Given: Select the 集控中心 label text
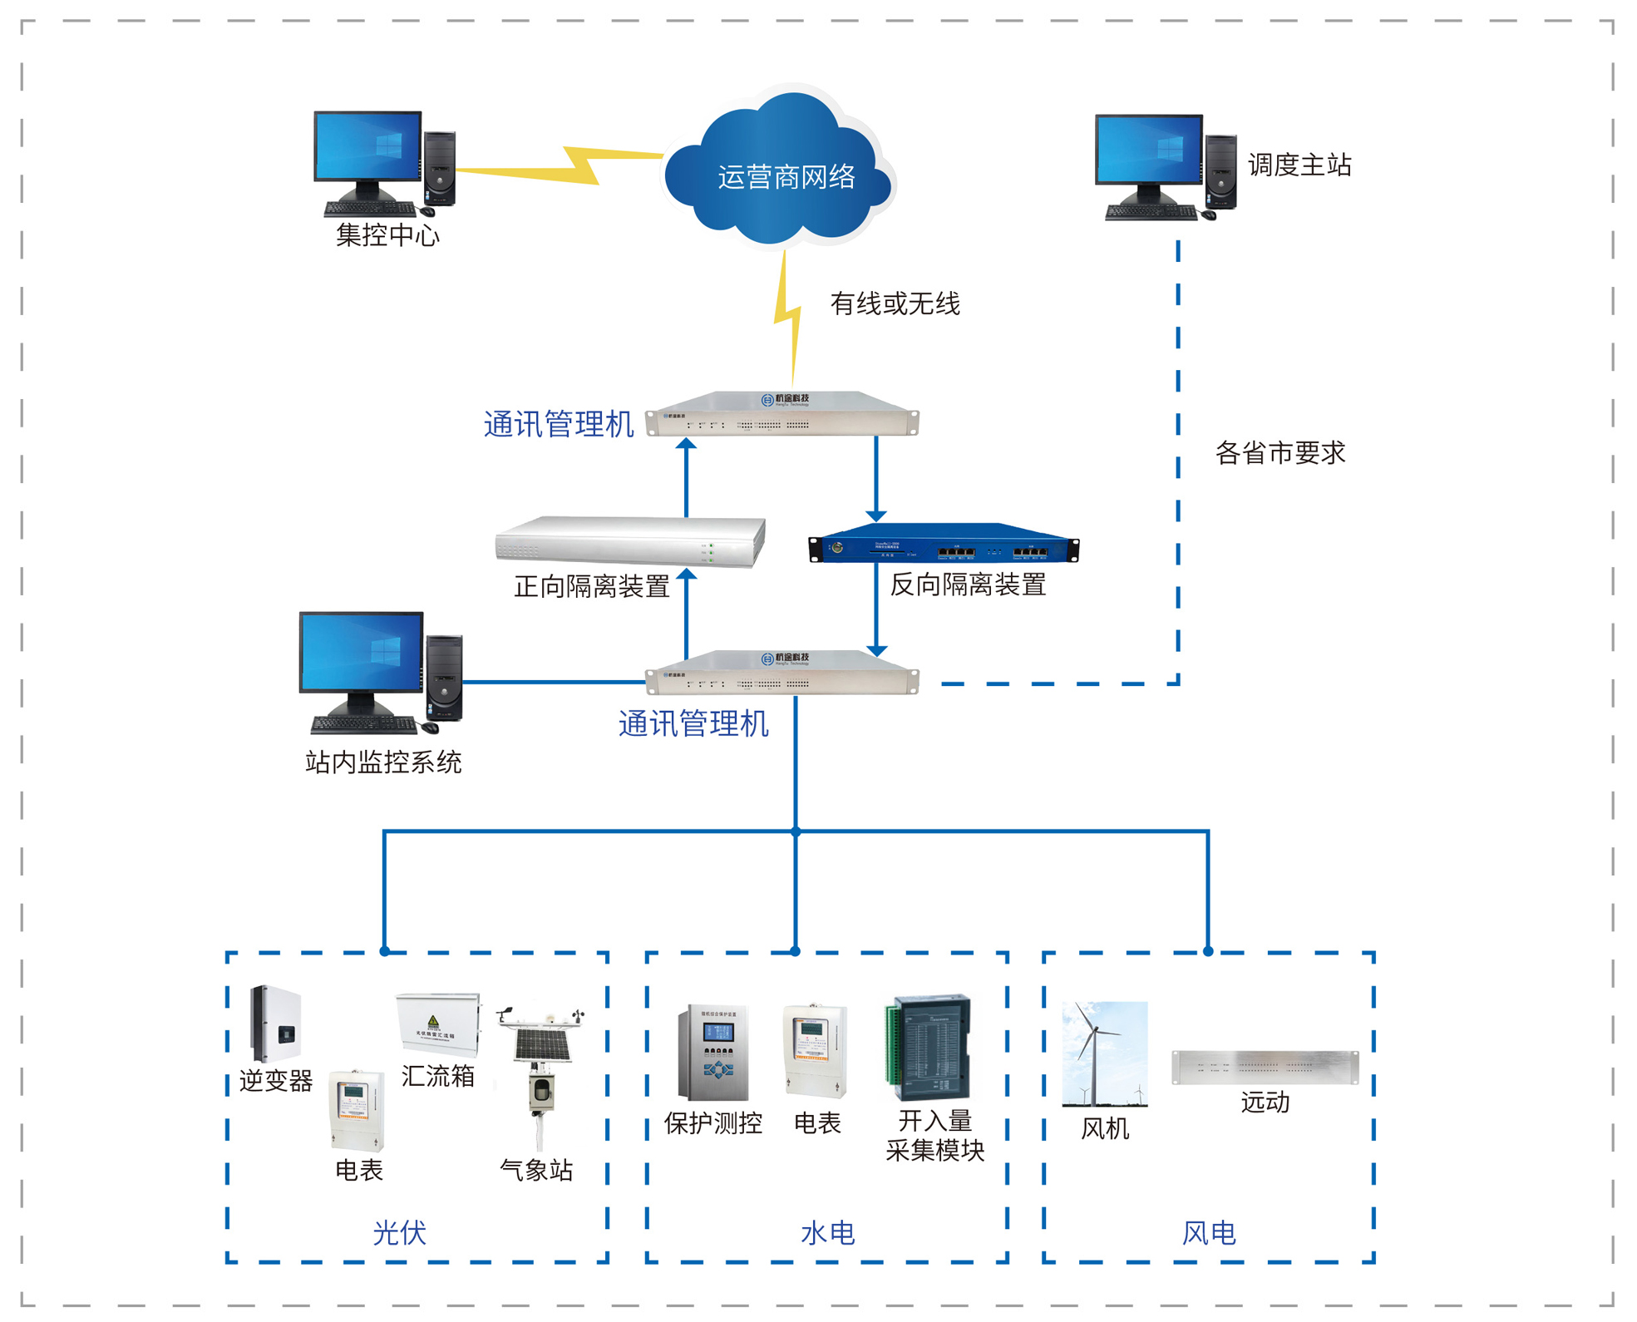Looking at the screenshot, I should [x=387, y=235].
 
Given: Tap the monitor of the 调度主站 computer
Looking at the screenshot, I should [x=1148, y=150].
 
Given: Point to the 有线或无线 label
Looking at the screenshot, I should [x=895, y=304].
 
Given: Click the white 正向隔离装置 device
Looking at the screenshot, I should [x=629, y=541].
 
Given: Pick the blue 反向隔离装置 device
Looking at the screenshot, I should [x=944, y=545].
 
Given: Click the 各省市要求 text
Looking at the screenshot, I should [x=1280, y=453].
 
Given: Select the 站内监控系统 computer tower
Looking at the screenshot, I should [x=444, y=678].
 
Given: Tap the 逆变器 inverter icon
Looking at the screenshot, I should [x=276, y=1024].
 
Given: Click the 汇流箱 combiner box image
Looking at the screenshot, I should [x=438, y=1025].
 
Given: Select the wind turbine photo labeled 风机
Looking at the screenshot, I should [x=1104, y=1054].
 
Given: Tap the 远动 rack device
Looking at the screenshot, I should [x=1265, y=1068].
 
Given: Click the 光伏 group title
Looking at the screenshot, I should [x=399, y=1232].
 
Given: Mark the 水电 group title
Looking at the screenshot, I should [x=827, y=1232].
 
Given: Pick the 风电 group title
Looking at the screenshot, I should [x=1208, y=1232].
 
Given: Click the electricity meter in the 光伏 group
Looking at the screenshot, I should [x=357, y=1109].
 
